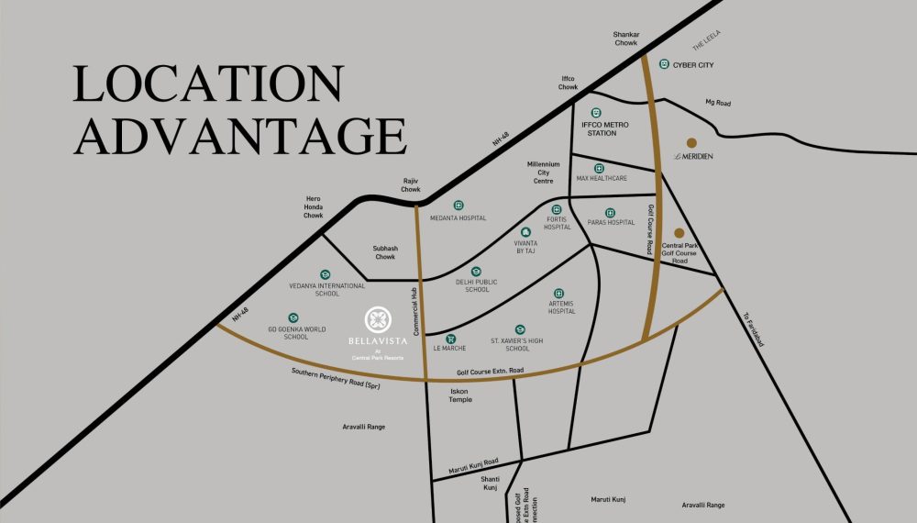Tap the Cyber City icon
tap(664, 64)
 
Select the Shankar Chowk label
tap(625, 38)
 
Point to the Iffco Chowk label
tap(569, 83)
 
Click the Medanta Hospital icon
tap(458, 206)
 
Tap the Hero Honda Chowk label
tap(315, 206)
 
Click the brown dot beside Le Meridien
tap(691, 143)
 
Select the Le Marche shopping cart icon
tap(450, 338)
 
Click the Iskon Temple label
tap(458, 395)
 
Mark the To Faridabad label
tap(754, 329)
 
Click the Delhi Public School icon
tap(476, 272)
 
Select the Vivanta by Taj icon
tap(525, 233)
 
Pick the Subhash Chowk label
tap(384, 252)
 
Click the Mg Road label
tap(715, 102)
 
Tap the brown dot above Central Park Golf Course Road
tap(679, 233)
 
